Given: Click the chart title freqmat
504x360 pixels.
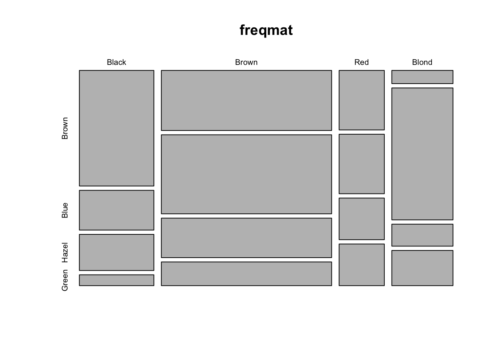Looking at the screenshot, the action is [266, 30].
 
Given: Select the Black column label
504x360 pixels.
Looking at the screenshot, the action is [116, 62].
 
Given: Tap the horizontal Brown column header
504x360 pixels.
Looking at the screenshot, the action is [246, 62].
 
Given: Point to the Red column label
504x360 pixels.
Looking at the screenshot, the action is [361, 62].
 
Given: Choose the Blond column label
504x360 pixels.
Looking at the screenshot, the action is [422, 62].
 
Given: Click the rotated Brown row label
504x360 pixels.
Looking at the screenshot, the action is [64, 128].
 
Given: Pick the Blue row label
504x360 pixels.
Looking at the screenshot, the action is [64, 210].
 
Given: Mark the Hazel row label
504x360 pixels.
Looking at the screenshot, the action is [64, 252].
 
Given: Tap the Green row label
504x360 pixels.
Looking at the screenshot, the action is [64, 280].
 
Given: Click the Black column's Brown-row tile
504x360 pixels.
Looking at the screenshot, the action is [117, 128].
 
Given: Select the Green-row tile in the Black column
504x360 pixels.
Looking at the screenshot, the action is [117, 280].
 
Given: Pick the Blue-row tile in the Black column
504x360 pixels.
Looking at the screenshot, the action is [117, 210].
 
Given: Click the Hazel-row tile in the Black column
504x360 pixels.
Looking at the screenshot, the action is [117, 252].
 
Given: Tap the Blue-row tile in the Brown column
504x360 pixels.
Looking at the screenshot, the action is [246, 174].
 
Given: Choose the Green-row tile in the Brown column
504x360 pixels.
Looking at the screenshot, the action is [246, 274].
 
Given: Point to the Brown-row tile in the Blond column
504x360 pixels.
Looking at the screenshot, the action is [422, 77].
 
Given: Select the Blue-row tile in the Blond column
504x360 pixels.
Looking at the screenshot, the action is [422, 154].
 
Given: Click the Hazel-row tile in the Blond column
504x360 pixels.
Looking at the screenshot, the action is [422, 235].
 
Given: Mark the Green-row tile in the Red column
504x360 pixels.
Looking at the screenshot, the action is [361, 265].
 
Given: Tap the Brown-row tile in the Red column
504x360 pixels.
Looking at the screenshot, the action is [361, 100].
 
